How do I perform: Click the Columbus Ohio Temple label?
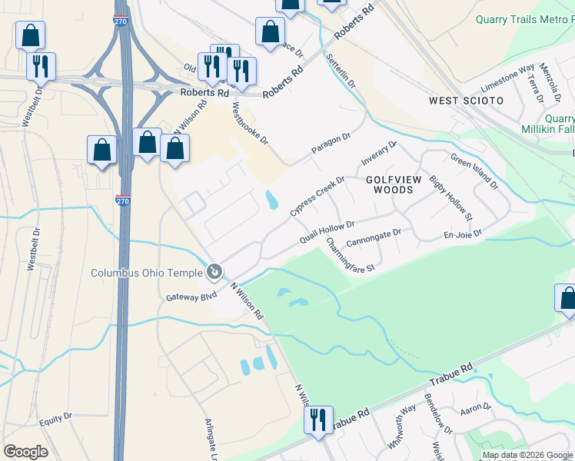[146, 273]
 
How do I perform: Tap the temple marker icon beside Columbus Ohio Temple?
[214, 271]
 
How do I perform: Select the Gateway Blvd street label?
[188, 296]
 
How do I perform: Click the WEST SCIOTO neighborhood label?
[466, 101]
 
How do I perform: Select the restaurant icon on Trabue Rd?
[315, 420]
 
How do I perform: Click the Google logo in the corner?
[25, 451]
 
